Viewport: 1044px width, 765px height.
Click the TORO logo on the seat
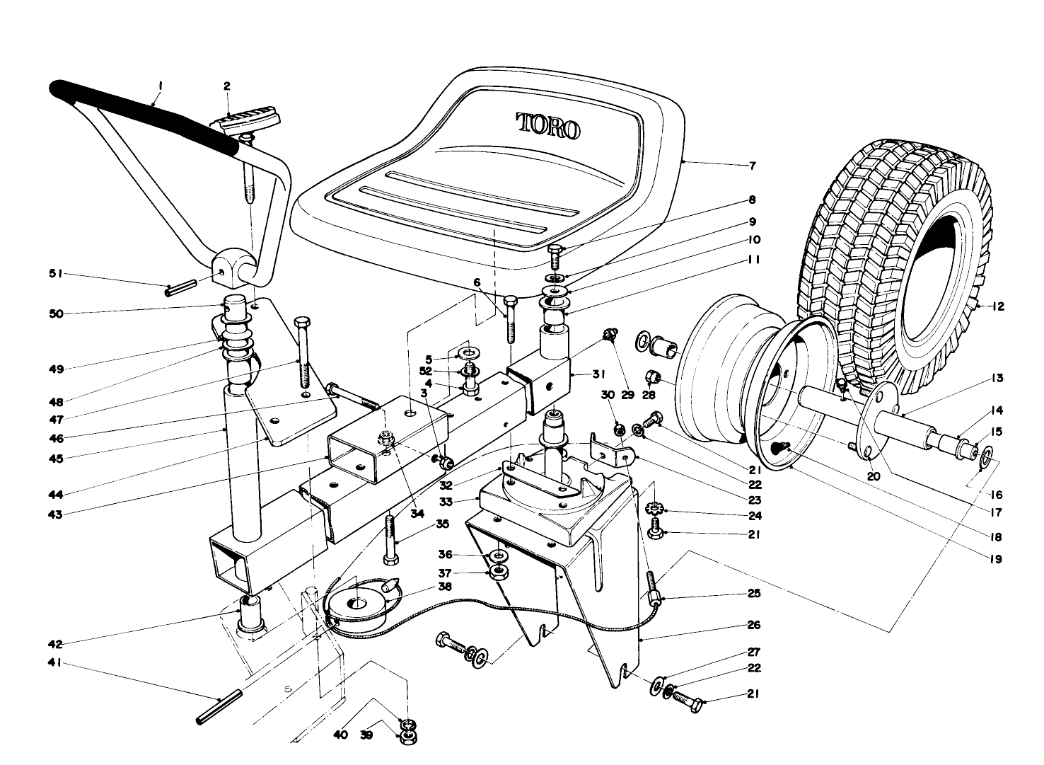(548, 127)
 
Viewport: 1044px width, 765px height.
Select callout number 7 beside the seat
(753, 166)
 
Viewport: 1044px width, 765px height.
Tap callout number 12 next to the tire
(997, 307)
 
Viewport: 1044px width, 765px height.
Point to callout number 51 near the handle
(56, 273)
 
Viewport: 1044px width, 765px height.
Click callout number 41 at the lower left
(56, 662)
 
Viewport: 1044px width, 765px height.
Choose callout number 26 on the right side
(753, 625)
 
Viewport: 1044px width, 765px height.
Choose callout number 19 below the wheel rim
(997, 558)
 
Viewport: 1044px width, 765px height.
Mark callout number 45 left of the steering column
(56, 458)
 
